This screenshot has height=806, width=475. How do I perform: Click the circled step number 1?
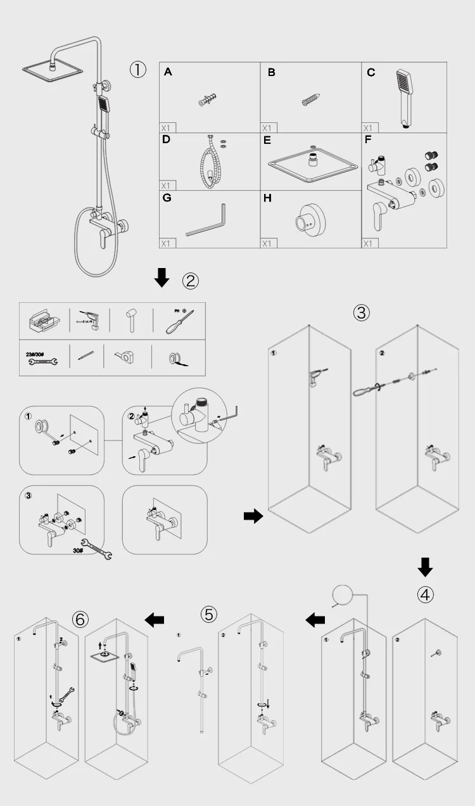(139, 69)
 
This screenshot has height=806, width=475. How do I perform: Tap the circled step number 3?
(361, 312)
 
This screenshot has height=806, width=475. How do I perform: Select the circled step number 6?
(80, 619)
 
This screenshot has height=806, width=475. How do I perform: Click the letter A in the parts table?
(168, 72)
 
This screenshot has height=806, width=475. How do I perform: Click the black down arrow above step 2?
(163, 277)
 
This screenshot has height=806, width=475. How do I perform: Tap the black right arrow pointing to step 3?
(253, 516)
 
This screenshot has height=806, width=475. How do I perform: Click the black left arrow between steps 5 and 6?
(154, 620)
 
